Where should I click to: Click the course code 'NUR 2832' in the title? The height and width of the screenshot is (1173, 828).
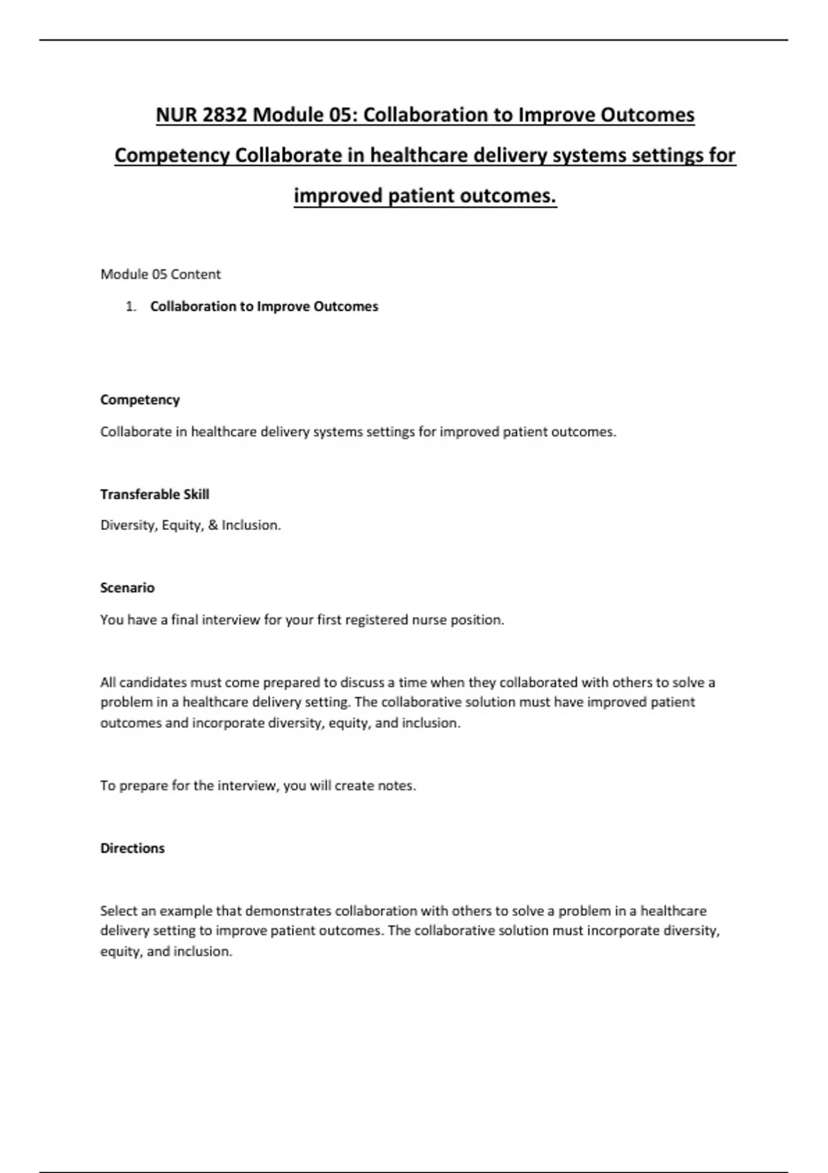pyautogui.click(x=201, y=115)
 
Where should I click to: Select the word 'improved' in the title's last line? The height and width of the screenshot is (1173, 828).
pyautogui.click(x=338, y=196)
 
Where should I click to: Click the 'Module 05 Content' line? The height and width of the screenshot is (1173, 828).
pyautogui.click(x=160, y=274)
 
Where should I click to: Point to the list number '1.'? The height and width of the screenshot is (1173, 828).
pyautogui.click(x=131, y=306)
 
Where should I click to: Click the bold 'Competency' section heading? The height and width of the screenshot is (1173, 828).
pyautogui.click(x=139, y=400)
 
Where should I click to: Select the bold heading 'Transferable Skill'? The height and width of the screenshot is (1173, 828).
pyautogui.click(x=155, y=494)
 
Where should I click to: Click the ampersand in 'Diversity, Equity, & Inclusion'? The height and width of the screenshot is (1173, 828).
pyautogui.click(x=213, y=525)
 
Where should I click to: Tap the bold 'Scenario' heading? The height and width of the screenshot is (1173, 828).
pyautogui.click(x=127, y=588)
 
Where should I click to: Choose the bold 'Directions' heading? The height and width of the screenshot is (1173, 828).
pyautogui.click(x=132, y=848)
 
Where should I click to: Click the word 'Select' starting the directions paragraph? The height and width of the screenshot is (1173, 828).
pyautogui.click(x=119, y=911)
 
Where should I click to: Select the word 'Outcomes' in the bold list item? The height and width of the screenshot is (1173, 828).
pyautogui.click(x=346, y=306)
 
